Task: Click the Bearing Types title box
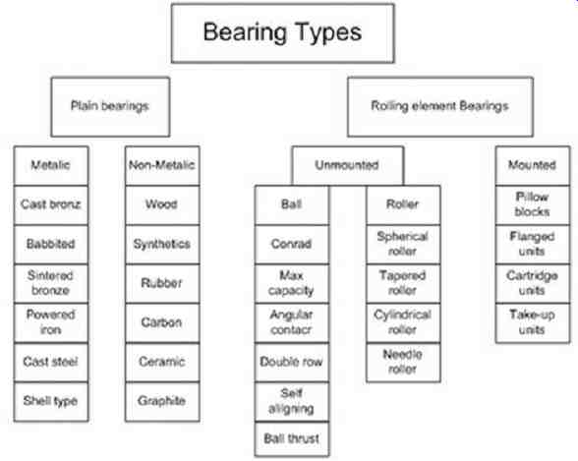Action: pyautogui.click(x=283, y=33)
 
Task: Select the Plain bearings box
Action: pyautogui.click(x=110, y=107)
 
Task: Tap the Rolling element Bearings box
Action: pyautogui.click(x=440, y=107)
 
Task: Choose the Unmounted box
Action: pyautogui.click(x=348, y=165)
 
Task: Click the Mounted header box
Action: pyautogui.click(x=533, y=165)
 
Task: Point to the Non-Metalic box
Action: pyautogui.click(x=162, y=165)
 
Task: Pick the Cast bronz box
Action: pyautogui.click(x=51, y=204)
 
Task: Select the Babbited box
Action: pyautogui.click(x=51, y=245)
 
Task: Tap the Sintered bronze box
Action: pyautogui.click(x=51, y=284)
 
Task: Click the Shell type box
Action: pyautogui.click(x=51, y=401)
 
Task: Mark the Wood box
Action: pyautogui.click(x=162, y=204)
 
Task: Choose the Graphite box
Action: pyautogui.click(x=162, y=401)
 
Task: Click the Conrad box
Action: pyautogui.click(x=292, y=245)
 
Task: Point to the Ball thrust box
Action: pyautogui.click(x=292, y=439)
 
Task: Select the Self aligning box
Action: pyautogui.click(x=292, y=401)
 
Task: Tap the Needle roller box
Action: pyautogui.click(x=403, y=363)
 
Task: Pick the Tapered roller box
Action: pyautogui.click(x=403, y=284)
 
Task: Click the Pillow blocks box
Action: pyautogui.click(x=533, y=204)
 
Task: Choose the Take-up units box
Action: pyautogui.click(x=533, y=323)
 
